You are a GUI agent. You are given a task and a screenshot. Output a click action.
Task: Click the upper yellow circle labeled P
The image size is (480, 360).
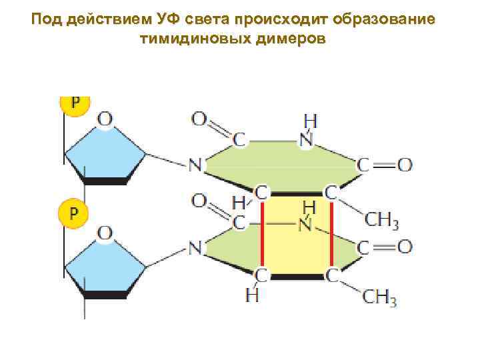click(75, 104)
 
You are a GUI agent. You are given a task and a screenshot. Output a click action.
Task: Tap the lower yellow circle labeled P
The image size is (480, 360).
click(75, 213)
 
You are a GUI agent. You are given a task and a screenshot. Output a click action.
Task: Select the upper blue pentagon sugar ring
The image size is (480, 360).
click(105, 154)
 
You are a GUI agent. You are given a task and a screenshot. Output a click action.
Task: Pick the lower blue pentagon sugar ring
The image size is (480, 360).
click(105, 263)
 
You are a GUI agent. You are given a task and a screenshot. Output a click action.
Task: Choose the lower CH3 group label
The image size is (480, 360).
click(381, 299)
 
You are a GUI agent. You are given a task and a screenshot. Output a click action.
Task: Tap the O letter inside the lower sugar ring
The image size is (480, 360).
click(106, 233)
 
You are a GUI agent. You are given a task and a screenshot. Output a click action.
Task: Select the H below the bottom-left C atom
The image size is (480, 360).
click(252, 295)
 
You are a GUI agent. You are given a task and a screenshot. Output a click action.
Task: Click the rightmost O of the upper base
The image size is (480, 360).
click(404, 164)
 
